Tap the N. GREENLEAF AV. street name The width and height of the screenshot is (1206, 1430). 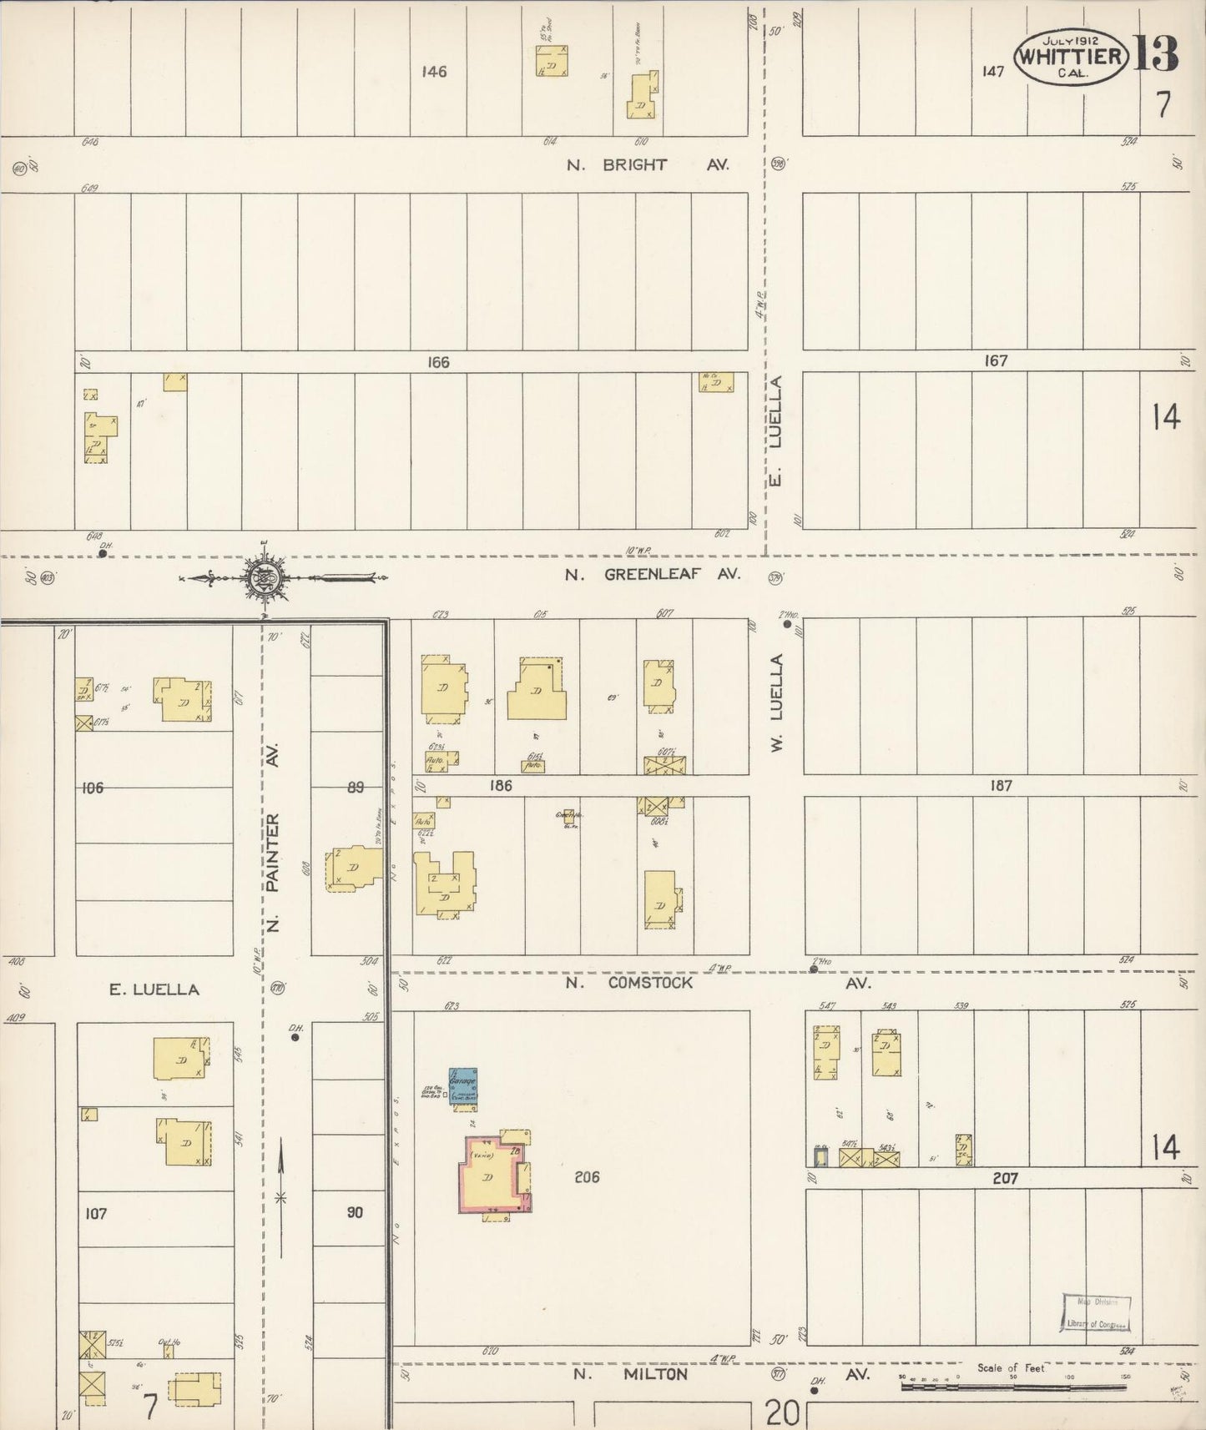click(653, 574)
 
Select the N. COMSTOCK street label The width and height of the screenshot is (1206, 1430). click(629, 983)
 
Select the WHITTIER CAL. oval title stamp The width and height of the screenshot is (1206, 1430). click(1070, 57)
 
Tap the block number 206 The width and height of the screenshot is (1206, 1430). click(588, 1177)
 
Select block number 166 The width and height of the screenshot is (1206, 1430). click(438, 362)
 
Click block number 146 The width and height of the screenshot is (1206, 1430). click(434, 72)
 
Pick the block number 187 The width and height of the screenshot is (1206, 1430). click(1000, 785)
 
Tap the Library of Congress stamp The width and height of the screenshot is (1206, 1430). click(1096, 1313)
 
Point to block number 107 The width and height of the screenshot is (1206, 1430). click(96, 1213)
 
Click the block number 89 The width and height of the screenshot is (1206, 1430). click(356, 787)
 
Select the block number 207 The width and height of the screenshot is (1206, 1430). click(1005, 1178)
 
